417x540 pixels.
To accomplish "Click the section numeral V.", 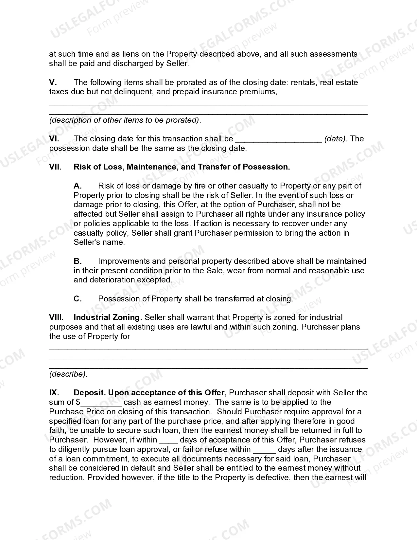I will point(53,82).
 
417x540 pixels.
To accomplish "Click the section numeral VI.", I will point(54,139).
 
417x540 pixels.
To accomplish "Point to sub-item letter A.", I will point(78,186).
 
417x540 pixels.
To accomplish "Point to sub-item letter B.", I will point(78,261).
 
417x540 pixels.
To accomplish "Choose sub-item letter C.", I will point(78,299).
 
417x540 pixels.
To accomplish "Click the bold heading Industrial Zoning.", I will point(108,317).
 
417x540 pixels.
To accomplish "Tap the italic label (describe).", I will point(68,374).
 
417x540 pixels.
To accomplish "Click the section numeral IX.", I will point(54,393).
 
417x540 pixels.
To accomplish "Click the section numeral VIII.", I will point(56,317).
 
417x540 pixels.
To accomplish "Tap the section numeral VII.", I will point(55,167).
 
